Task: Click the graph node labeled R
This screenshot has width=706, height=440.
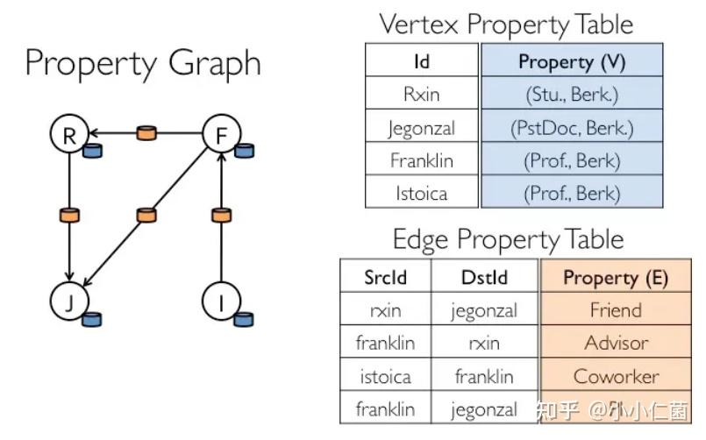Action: click(68, 134)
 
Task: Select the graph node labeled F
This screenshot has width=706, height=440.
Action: click(220, 134)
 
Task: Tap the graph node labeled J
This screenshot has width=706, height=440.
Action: click(68, 302)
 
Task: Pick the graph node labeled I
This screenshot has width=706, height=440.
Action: click(220, 302)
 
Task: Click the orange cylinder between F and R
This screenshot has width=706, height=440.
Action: click(146, 133)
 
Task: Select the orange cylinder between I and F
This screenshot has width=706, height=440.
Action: click(221, 215)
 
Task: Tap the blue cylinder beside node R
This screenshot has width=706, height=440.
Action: click(92, 151)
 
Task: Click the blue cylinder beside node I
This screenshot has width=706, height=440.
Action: click(244, 319)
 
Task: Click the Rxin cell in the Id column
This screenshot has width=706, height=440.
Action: click(422, 95)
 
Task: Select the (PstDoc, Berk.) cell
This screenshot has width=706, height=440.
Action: click(571, 128)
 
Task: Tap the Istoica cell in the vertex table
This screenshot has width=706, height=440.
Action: click(422, 193)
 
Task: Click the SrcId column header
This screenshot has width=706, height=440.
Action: click(385, 278)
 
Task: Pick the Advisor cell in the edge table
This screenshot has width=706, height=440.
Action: click(616, 343)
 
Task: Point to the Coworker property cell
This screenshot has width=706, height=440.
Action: click(616, 376)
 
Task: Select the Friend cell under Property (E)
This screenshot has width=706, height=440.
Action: click(616, 310)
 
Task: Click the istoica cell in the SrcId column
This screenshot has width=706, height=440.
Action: click(385, 376)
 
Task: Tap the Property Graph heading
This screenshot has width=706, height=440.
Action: click(142, 63)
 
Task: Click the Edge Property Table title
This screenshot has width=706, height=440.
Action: click(508, 239)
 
